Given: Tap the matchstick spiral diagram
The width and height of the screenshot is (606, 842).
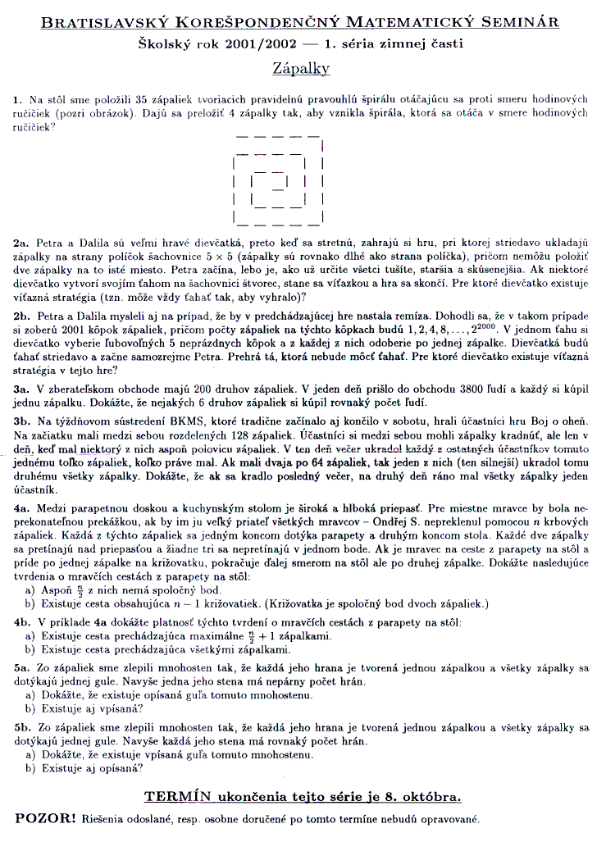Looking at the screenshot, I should click(x=280, y=182).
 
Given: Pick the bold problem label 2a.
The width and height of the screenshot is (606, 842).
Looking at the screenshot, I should click(x=21, y=243).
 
